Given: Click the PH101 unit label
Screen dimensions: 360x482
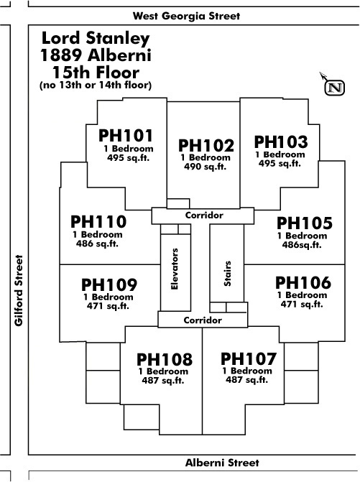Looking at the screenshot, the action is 126,136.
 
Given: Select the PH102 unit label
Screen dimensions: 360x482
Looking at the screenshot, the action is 206,145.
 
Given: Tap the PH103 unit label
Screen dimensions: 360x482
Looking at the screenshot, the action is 281,142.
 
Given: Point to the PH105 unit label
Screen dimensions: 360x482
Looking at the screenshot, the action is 305,223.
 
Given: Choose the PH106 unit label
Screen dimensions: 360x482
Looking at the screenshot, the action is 303,283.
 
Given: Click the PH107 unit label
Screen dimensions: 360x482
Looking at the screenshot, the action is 249,358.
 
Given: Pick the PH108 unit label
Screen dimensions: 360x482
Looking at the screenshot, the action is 165,359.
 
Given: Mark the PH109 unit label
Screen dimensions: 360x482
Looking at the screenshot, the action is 109,285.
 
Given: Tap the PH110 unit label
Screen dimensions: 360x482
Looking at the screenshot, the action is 98,222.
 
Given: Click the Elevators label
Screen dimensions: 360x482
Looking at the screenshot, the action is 175,269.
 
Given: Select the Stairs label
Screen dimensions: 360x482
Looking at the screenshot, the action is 227,274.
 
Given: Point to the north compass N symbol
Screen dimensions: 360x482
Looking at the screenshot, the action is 335,88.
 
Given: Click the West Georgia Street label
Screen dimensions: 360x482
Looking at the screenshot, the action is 186,16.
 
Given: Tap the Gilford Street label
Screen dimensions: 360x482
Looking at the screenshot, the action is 19,290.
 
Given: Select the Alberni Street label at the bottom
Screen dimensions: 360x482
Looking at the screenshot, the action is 222,463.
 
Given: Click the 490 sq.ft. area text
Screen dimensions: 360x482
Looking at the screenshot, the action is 205,167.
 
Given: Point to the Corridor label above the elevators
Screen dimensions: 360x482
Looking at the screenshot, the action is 204,215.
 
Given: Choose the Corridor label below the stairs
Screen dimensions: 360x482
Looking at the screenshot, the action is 203,320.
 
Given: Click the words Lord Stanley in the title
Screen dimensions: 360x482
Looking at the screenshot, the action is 96,38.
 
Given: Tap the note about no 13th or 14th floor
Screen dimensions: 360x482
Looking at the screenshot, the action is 96,85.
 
